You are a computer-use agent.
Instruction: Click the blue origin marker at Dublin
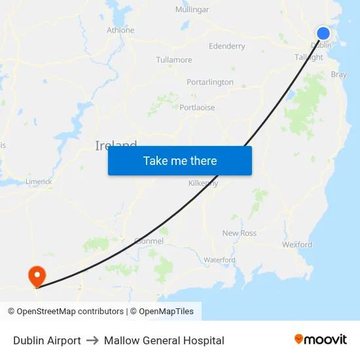323,33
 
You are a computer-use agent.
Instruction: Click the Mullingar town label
192,10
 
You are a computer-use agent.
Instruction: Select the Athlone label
120,30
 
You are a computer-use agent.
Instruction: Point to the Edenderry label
226,46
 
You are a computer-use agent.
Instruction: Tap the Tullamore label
174,60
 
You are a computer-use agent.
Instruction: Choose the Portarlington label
209,82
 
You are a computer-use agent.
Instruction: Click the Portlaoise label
197,108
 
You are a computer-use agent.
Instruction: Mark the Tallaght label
309,58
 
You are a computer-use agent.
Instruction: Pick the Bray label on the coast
339,75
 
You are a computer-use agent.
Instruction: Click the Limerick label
39,181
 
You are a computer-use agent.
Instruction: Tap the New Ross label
240,234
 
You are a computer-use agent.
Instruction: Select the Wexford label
297,245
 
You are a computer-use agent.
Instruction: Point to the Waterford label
219,260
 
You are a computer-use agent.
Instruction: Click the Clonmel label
149,241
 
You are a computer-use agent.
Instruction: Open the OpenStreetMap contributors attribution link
65,312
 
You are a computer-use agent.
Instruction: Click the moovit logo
321,340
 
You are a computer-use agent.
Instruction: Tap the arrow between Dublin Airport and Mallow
92,340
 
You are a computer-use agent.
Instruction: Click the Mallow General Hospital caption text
164,340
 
